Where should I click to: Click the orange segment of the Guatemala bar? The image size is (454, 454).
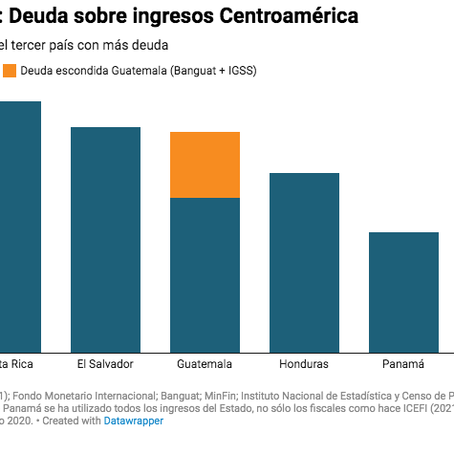pos(205,164)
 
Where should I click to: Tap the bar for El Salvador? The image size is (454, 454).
pos(105,239)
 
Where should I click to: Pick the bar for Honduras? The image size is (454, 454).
pos(304,262)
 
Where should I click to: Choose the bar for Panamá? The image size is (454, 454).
pos(403,292)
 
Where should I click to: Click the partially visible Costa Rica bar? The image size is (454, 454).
pos(20,226)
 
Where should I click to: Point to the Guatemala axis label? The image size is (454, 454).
pos(205,365)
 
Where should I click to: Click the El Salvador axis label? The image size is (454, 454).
pos(105,365)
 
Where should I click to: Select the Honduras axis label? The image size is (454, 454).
pos(304,365)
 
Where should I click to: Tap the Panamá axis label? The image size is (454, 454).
pos(403,365)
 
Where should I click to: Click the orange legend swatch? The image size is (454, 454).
pos(10,71)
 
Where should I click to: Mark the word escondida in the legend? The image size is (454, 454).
pos(82,71)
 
